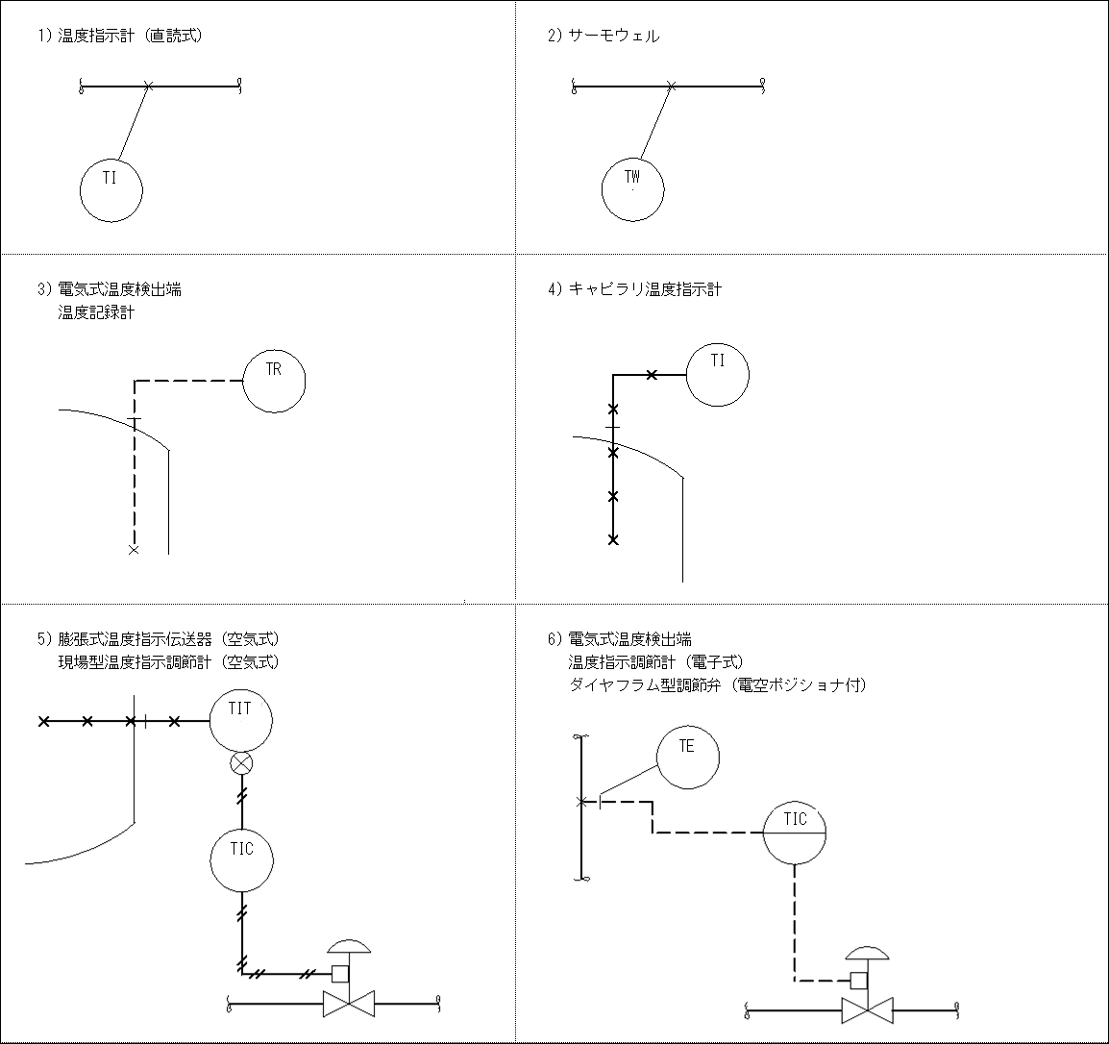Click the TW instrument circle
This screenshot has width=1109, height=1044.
(632, 188)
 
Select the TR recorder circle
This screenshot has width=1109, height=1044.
(274, 382)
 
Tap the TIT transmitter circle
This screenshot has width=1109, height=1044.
(241, 720)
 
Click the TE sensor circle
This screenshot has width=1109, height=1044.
(687, 758)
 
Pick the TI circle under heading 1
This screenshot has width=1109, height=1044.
(111, 189)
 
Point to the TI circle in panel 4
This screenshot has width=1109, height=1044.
(718, 374)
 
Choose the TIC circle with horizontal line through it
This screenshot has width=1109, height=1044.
(795, 833)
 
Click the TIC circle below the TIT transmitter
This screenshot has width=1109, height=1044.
(242, 860)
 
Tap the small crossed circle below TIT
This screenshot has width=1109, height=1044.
(241, 764)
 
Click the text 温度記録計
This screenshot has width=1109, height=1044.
(96, 313)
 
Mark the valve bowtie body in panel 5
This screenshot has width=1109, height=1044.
(348, 1006)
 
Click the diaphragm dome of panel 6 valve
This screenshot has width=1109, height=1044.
(867, 953)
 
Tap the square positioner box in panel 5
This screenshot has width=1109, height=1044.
(339, 973)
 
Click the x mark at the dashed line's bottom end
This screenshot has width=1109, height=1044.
(134, 550)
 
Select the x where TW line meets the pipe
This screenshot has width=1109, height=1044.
(671, 87)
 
